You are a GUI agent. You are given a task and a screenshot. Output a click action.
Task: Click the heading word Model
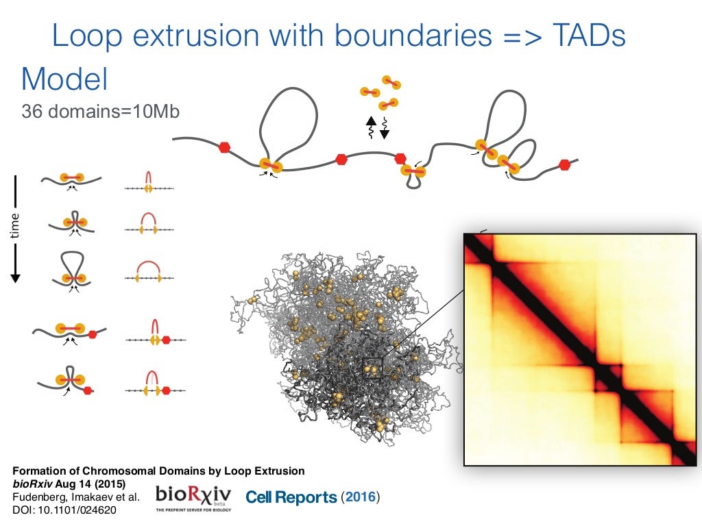(x=64, y=79)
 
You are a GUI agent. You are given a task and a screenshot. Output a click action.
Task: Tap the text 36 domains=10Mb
(x=100, y=111)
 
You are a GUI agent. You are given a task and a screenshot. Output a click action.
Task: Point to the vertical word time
(x=16, y=225)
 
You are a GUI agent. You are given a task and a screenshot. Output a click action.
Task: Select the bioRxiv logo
(x=193, y=498)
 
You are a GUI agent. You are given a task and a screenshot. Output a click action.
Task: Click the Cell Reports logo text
(x=291, y=497)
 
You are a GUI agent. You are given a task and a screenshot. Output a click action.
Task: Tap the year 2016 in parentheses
(x=361, y=497)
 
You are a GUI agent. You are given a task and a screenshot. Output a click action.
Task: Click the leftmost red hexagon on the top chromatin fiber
(x=223, y=147)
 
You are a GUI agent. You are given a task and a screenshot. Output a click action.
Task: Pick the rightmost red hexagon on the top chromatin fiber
(x=564, y=164)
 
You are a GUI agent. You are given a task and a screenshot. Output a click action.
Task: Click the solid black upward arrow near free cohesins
(x=370, y=127)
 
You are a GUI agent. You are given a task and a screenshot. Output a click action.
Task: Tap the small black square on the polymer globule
(x=371, y=367)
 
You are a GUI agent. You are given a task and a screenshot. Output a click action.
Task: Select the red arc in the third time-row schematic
(x=147, y=266)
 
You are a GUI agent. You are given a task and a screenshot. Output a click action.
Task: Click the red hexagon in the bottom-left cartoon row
(x=87, y=391)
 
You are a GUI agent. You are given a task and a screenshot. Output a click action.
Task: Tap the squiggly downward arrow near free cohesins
(x=384, y=128)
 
